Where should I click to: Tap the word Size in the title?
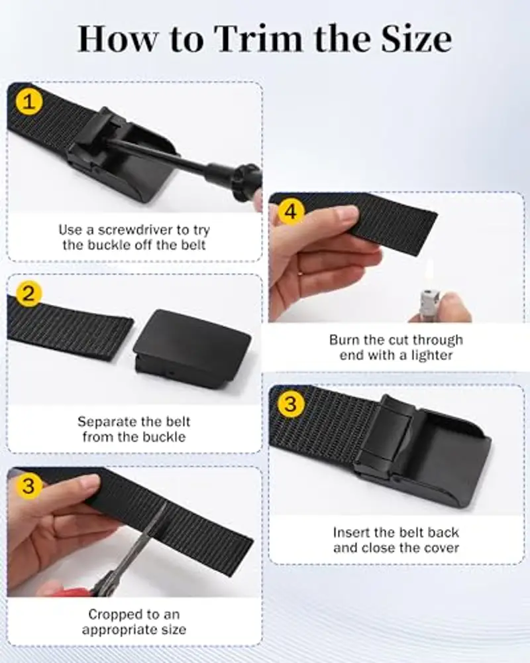(x=416, y=39)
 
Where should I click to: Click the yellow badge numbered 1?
(x=28, y=101)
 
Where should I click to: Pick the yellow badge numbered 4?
(x=291, y=211)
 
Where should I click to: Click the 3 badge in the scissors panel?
(x=28, y=485)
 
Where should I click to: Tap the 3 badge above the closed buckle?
(x=291, y=403)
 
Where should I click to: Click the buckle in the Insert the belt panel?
(x=423, y=452)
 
